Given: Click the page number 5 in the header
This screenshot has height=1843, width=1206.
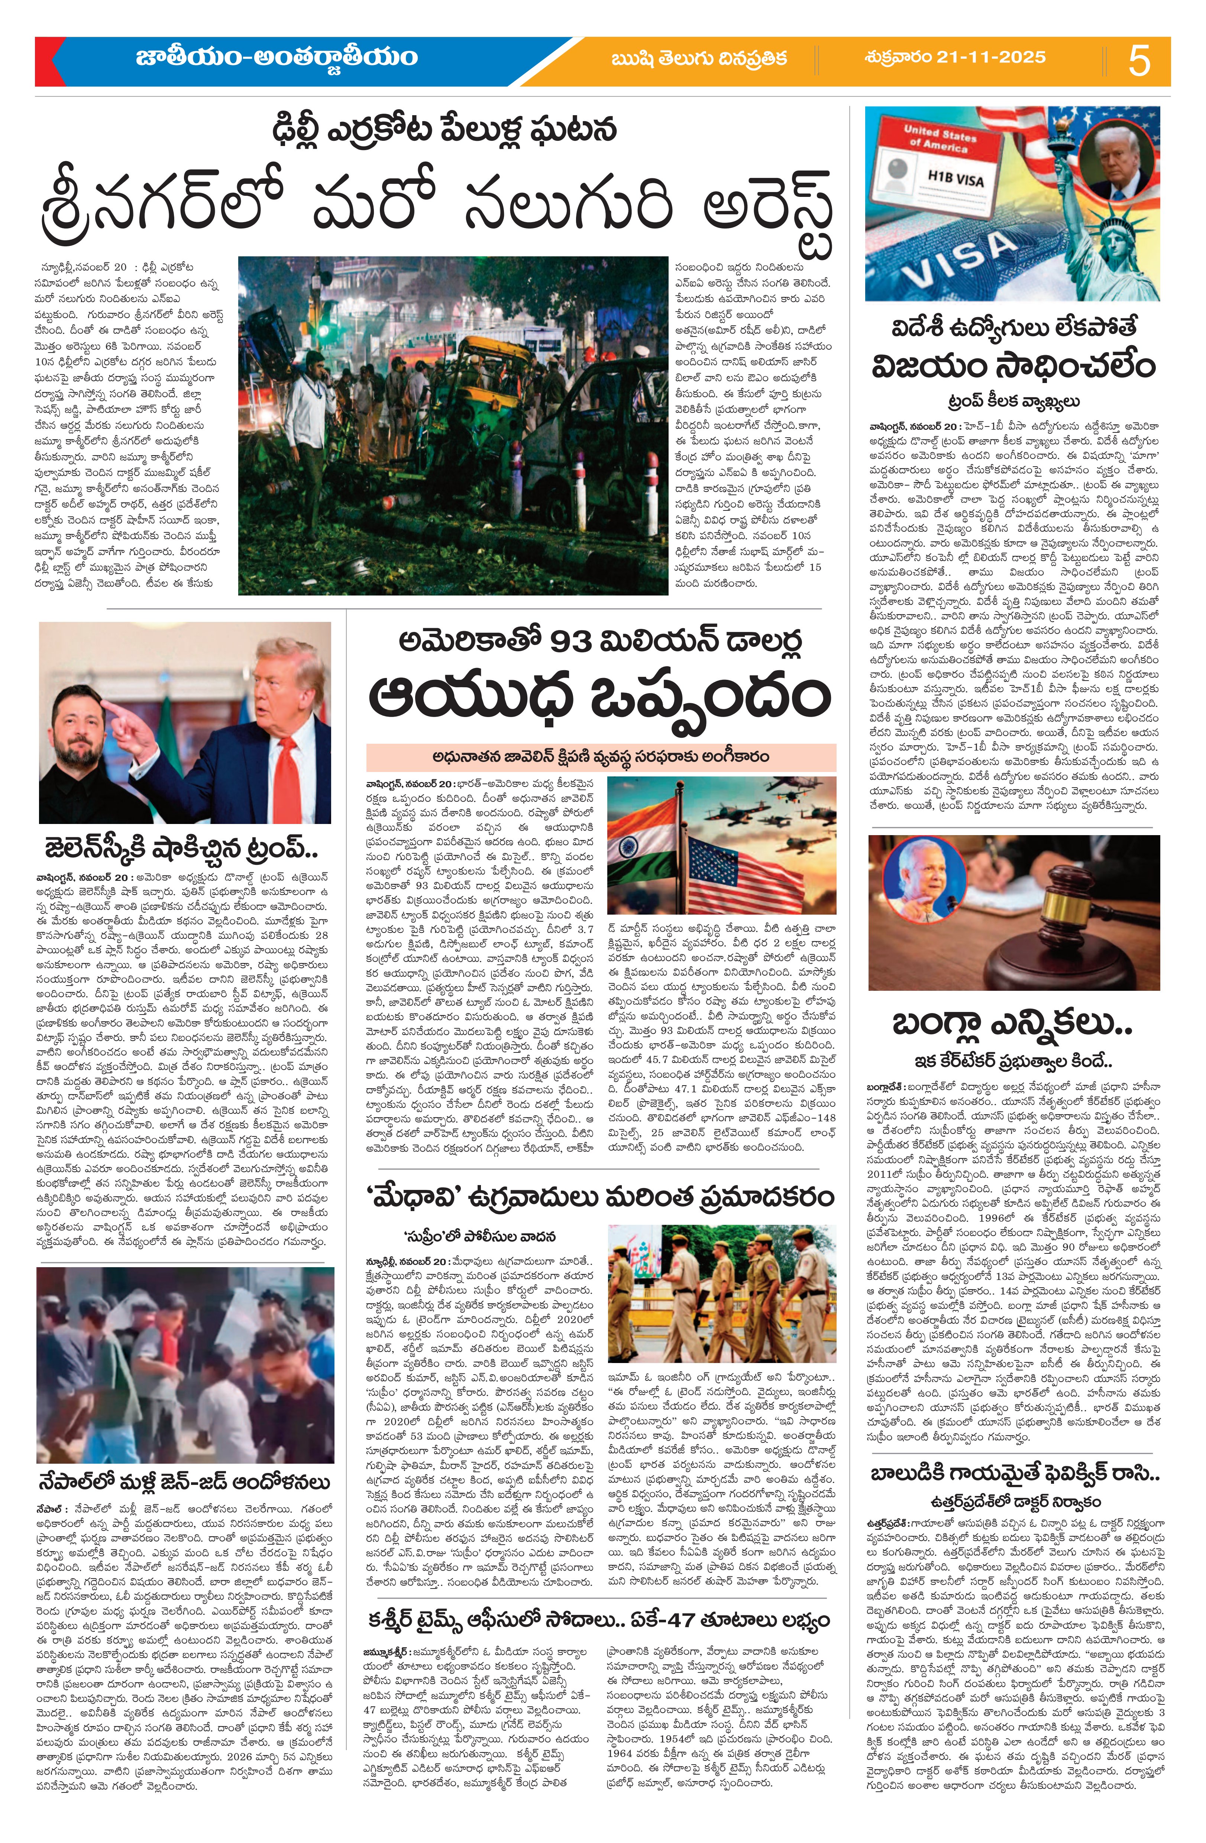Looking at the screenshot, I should click(x=1139, y=61).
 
